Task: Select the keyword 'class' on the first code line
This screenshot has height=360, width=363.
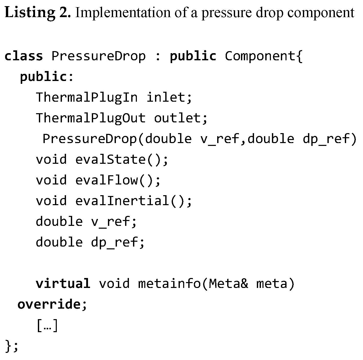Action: (x=24, y=56)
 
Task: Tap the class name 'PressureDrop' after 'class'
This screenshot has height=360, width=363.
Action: (x=98, y=56)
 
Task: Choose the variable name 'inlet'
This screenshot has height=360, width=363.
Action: (x=166, y=97)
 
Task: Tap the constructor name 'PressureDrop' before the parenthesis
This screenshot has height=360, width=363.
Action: (x=90, y=139)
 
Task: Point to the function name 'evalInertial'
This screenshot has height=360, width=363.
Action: (x=122, y=201)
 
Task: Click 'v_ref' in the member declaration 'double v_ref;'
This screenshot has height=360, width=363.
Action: (x=111, y=222)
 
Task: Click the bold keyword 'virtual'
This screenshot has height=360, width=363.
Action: (x=63, y=283)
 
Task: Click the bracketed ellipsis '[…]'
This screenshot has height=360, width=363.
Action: (x=48, y=326)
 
